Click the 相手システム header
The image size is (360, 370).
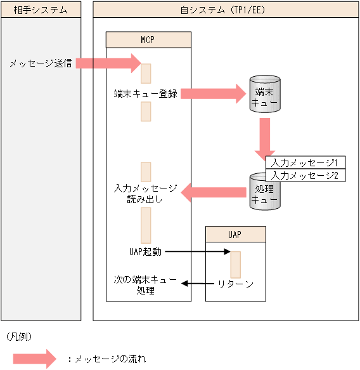click(x=41, y=9)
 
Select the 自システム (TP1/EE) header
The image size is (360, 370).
click(x=226, y=9)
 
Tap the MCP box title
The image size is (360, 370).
click(x=148, y=39)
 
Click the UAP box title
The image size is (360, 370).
click(x=235, y=234)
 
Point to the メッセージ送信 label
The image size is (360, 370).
click(x=40, y=63)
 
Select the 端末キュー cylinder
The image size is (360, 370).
click(x=264, y=94)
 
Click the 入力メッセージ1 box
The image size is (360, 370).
click(x=304, y=162)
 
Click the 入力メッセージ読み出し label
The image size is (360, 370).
click(x=145, y=194)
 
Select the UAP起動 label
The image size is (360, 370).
click(x=145, y=252)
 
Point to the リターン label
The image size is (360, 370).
click(x=235, y=284)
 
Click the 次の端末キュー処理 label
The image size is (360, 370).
click(x=145, y=284)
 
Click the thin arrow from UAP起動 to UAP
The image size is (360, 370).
click(x=199, y=252)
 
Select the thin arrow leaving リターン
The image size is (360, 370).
click(x=196, y=284)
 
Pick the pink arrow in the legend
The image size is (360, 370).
click(x=35, y=359)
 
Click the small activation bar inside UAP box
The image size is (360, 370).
click(x=235, y=264)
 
